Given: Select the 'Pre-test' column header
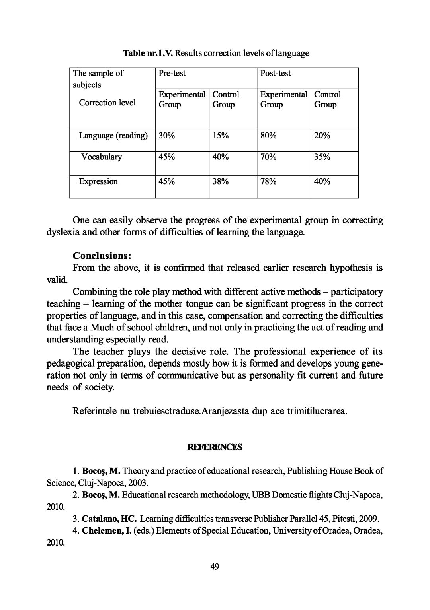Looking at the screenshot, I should [x=172, y=73].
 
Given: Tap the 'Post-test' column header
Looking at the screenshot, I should [x=275, y=73].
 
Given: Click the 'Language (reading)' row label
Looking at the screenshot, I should [x=113, y=136].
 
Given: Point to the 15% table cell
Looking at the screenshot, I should [x=220, y=136].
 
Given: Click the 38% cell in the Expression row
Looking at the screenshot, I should [x=220, y=182].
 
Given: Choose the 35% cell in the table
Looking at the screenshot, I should [x=322, y=157].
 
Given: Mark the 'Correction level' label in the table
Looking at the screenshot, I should [x=107, y=103].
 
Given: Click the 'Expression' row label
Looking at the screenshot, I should [x=98, y=182].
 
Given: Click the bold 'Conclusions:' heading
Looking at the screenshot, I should [x=102, y=255].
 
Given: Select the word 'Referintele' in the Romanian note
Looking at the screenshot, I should [x=94, y=411].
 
